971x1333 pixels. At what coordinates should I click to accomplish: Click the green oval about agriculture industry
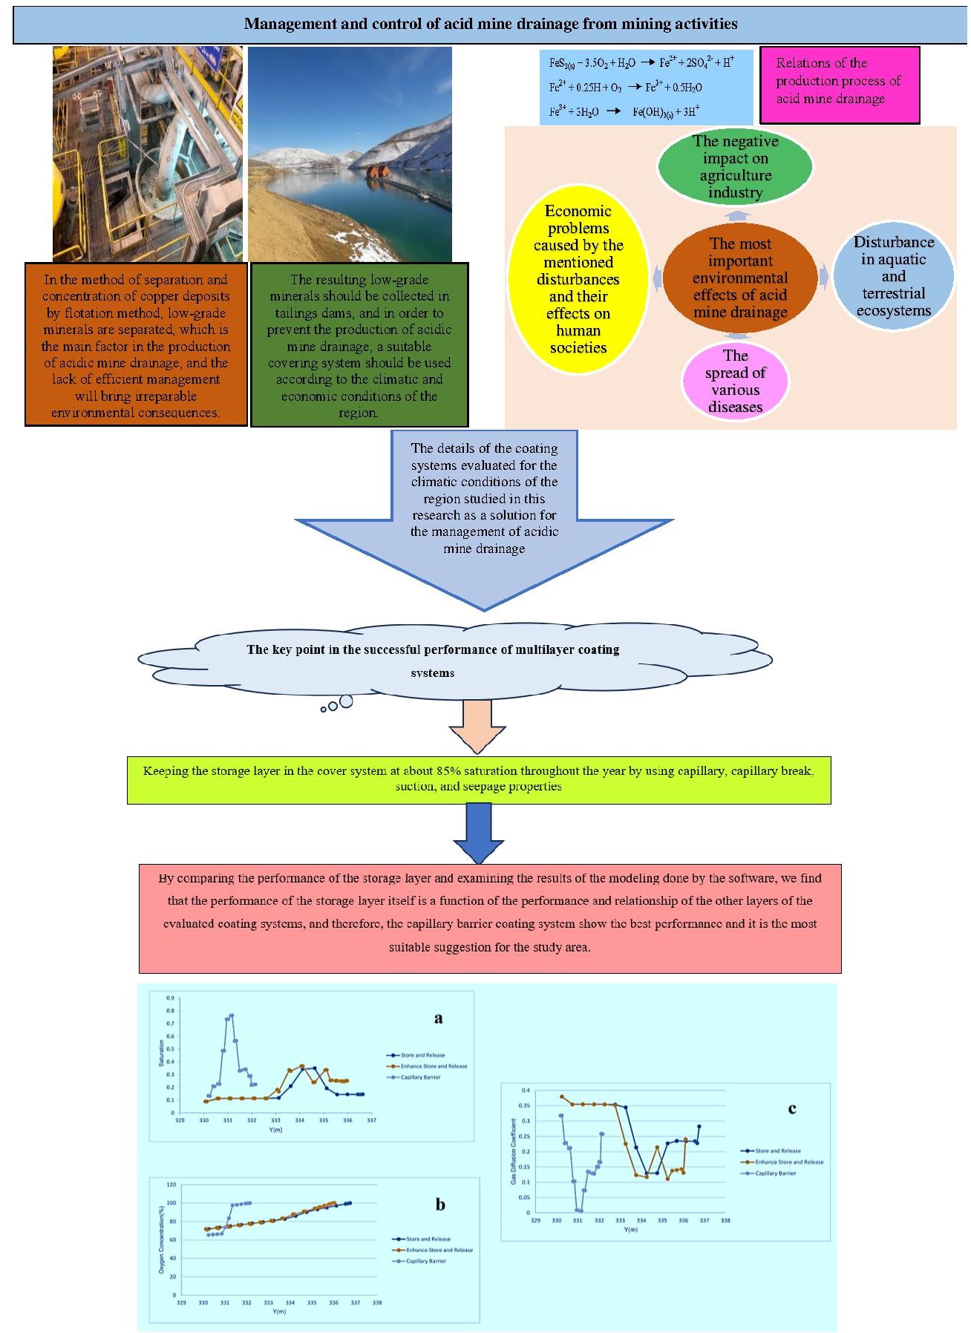pos(735,166)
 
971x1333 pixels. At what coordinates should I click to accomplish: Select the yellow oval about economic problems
pos(578,279)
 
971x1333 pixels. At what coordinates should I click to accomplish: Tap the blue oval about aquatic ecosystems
pos(893,276)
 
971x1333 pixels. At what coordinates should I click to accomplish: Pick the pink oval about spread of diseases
pos(735,381)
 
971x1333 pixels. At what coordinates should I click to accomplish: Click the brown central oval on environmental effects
pos(739,278)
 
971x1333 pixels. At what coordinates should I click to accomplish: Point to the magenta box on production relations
pos(839,84)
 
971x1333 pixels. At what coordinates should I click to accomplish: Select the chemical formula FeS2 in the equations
pos(561,63)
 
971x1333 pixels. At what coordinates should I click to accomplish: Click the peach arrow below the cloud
pos(477,726)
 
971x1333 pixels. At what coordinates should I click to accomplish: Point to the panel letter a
pos(438,1018)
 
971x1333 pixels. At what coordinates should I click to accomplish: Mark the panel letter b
pos(440,1204)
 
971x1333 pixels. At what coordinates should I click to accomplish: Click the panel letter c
pos(792,1109)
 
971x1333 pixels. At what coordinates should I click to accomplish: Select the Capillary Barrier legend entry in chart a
pos(420,1077)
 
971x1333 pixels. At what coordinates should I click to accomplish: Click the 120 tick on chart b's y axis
pos(171,1185)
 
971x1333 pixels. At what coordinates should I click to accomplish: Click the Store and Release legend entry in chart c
pos(777,1150)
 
